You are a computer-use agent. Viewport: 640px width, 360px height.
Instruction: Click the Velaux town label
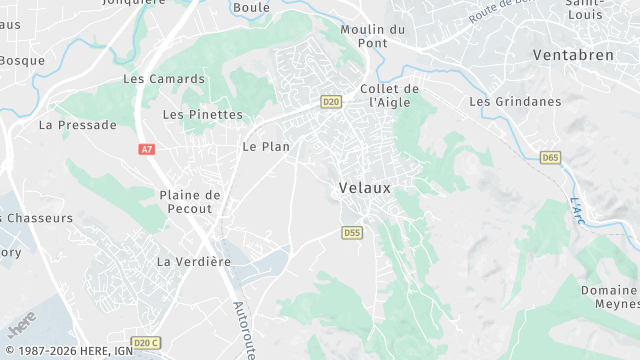365,187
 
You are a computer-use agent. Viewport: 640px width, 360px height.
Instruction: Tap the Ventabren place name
573,55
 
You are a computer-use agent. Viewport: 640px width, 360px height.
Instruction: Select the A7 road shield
147,149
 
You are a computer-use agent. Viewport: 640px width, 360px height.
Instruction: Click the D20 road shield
332,102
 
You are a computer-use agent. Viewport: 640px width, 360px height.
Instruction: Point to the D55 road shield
351,233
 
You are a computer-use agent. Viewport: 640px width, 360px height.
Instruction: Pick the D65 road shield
550,158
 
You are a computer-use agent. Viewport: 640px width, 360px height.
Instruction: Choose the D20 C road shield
146,343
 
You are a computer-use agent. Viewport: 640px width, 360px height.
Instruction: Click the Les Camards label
163,79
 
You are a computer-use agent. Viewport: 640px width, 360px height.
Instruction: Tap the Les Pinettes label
202,115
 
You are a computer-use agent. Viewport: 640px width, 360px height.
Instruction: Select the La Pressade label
77,125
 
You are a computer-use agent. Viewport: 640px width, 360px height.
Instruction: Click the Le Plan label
266,147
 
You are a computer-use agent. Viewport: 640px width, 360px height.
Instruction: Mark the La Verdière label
194,262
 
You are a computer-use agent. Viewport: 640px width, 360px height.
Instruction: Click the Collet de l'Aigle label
389,95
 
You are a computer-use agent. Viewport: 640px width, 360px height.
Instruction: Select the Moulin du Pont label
372,37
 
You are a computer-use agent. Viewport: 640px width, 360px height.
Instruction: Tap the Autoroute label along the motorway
242,330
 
